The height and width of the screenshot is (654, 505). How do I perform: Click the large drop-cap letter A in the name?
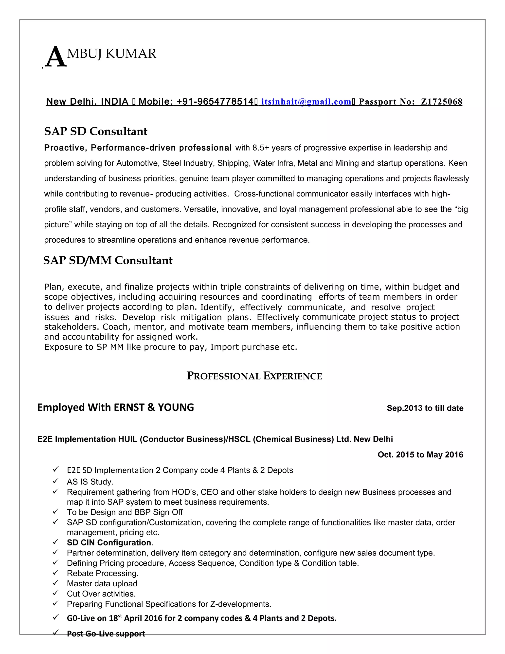[56, 58]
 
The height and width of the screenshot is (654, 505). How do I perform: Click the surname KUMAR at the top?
[131, 54]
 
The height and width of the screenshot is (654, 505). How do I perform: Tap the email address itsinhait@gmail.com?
[306, 102]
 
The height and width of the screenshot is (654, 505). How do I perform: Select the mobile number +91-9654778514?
[215, 102]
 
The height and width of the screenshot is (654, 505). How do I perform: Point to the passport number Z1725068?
[441, 102]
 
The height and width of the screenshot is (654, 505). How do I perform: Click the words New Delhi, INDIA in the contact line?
[87, 102]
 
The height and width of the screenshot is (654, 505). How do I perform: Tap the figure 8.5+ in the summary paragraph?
[261, 148]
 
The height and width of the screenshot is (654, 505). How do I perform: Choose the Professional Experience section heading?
[254, 376]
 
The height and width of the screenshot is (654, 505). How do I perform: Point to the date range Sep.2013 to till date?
[425, 408]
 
